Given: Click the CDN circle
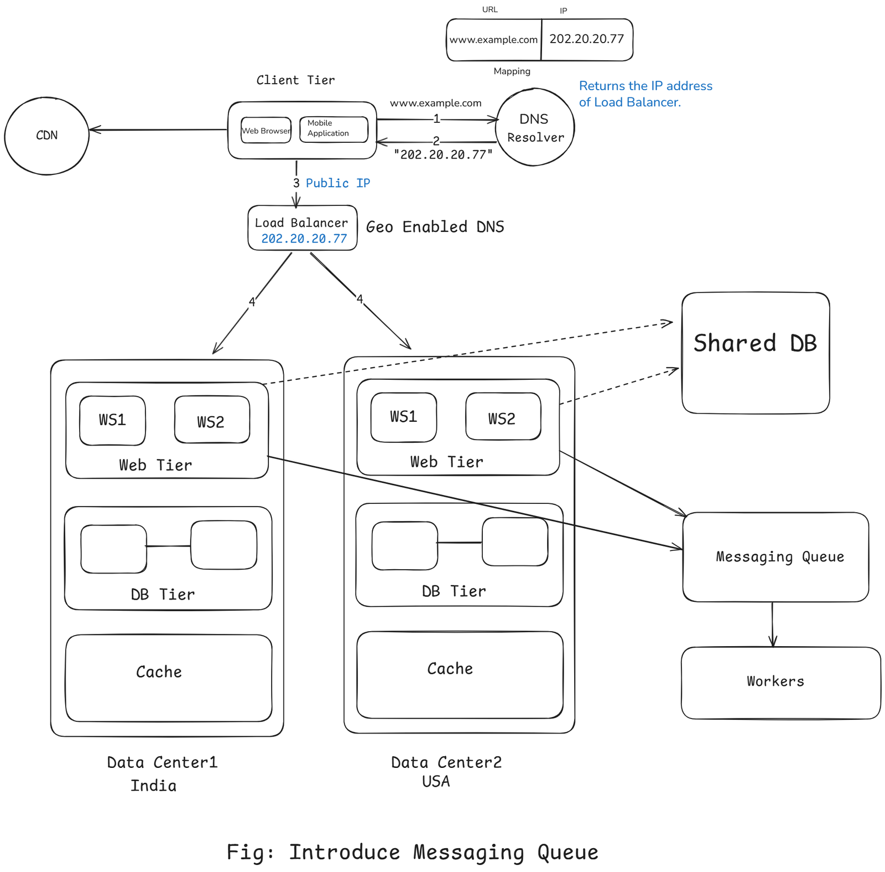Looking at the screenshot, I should tap(46, 136).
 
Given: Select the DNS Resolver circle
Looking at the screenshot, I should tap(535, 127).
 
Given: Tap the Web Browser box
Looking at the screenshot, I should tap(266, 131).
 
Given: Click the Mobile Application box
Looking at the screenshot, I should tap(333, 129).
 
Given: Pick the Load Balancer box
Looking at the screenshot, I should tap(302, 228).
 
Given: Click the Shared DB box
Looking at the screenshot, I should tap(755, 353).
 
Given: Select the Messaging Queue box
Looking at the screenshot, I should tap(775, 556).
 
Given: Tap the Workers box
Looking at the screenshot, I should tap(780, 682).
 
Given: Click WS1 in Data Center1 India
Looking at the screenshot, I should tap(112, 420).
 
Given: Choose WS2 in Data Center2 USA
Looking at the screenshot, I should tap(502, 417).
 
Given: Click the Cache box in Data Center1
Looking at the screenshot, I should tap(168, 678).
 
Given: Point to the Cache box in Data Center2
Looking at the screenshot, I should tap(459, 674).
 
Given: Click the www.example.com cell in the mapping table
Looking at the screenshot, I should tap(493, 40).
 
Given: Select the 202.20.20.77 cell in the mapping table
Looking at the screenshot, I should tap(586, 39).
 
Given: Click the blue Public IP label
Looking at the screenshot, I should tap(337, 183).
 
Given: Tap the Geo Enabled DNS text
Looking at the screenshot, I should tap(435, 227).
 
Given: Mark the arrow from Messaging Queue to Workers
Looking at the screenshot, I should tap(772, 624).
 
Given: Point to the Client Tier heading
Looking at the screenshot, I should tap(295, 80).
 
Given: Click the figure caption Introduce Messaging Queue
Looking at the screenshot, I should tap(412, 852).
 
